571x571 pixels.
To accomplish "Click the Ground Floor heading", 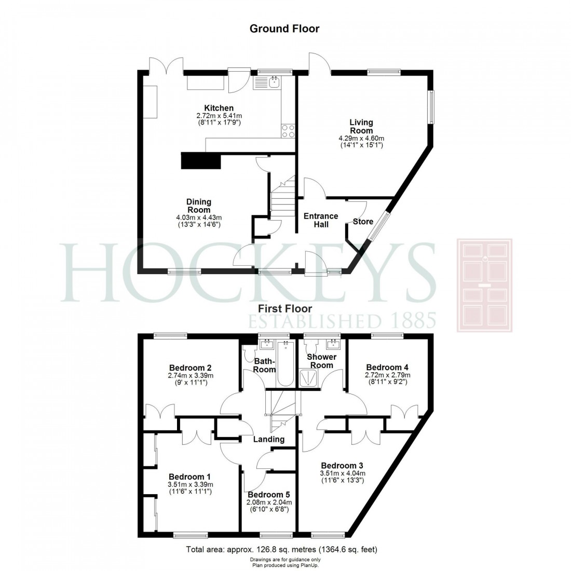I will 284,29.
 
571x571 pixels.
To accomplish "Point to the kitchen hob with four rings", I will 288,131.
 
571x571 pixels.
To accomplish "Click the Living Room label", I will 361,127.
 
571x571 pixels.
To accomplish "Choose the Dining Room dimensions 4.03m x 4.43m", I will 199,217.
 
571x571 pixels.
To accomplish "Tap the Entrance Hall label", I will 321,220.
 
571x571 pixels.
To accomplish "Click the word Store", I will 363,222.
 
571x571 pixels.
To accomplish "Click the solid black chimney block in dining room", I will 201,160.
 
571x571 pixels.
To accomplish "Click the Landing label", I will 269,439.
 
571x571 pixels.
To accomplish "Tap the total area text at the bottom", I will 285,549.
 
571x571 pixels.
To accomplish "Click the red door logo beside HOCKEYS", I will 484,285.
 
